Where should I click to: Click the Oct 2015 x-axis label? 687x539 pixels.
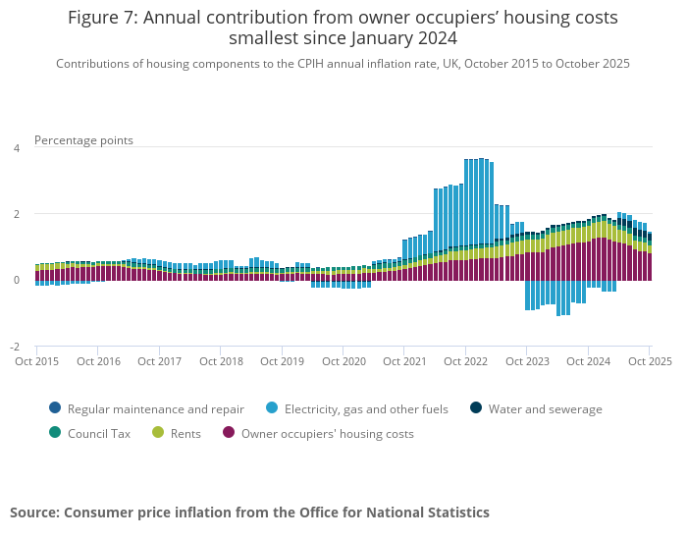pyautogui.click(x=37, y=361)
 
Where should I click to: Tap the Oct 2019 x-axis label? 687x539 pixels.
pyautogui.click(x=282, y=361)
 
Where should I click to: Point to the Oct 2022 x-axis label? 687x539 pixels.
pyautogui.click(x=465, y=361)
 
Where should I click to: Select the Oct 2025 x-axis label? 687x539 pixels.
pyautogui.click(x=649, y=361)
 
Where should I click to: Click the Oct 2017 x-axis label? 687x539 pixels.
pyautogui.click(x=159, y=361)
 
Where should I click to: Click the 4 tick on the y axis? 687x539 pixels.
pyautogui.click(x=16, y=148)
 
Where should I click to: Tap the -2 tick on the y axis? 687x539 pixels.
pyautogui.click(x=14, y=348)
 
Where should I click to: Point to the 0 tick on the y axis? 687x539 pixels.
pyautogui.click(x=16, y=281)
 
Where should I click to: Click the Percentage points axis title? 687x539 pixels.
pyautogui.click(x=83, y=140)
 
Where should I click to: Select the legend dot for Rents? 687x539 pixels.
pyautogui.click(x=158, y=433)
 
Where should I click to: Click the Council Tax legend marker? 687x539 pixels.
pyautogui.click(x=55, y=433)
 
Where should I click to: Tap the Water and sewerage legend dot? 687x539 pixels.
pyautogui.click(x=476, y=408)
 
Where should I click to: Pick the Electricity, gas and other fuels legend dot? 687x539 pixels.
pyautogui.click(x=272, y=408)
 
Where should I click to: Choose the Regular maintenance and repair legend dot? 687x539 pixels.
pyautogui.click(x=55, y=408)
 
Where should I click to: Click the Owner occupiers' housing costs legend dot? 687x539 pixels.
pyautogui.click(x=229, y=433)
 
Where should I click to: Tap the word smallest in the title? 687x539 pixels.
pyautogui.click(x=266, y=39)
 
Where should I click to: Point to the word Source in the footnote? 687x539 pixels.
pyautogui.click(x=34, y=512)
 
